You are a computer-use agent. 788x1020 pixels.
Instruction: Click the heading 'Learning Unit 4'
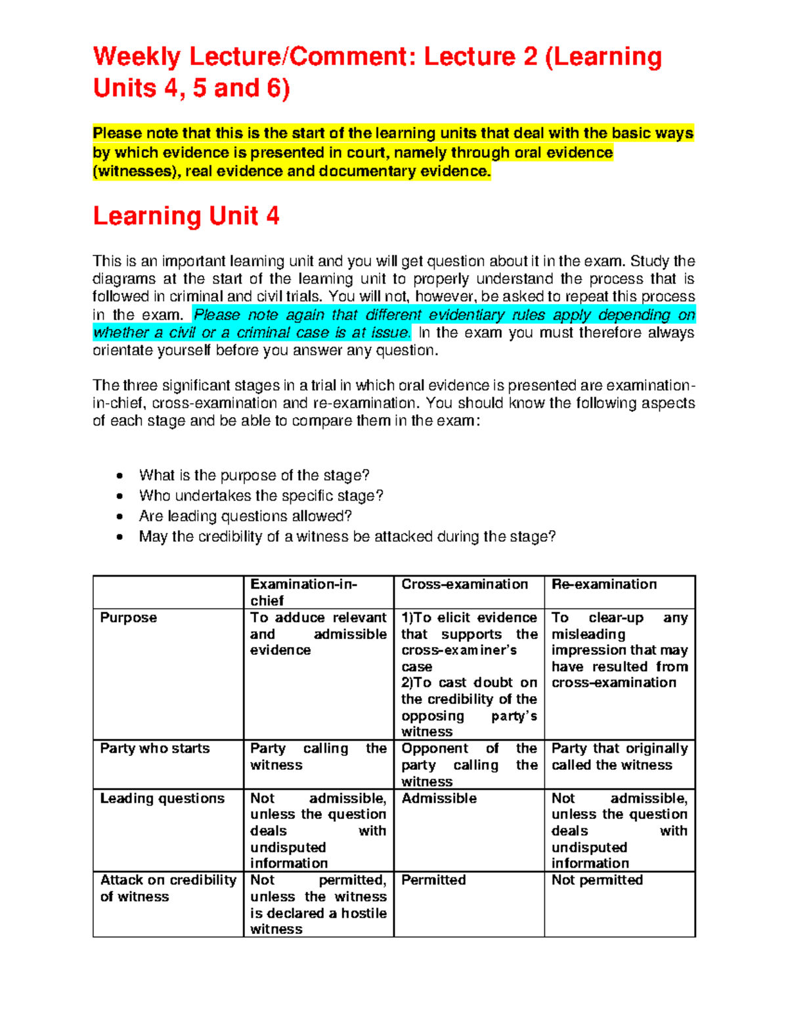coord(186,216)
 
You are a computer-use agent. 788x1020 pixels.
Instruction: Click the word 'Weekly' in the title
coord(137,57)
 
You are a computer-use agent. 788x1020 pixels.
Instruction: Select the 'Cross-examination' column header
coord(464,585)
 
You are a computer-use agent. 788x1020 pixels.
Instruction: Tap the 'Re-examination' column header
coord(603,585)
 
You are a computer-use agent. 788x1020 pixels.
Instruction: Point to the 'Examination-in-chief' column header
coord(303,592)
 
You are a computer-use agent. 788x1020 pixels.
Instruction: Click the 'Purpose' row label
coord(128,618)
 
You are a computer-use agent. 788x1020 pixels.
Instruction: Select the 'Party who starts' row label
coord(154,749)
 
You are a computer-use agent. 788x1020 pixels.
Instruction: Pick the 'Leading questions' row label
coord(162,799)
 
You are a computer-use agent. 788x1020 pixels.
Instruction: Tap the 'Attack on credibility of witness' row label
coord(167,888)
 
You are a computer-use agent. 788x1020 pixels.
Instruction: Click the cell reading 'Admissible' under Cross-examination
coord(439,799)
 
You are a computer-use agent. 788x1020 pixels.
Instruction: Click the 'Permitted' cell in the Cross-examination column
coord(433,880)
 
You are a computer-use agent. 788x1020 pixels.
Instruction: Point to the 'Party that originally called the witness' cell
coord(619,757)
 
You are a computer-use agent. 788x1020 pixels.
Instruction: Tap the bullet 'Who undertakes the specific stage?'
coord(261,496)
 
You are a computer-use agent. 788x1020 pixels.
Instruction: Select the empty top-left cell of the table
coord(168,592)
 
